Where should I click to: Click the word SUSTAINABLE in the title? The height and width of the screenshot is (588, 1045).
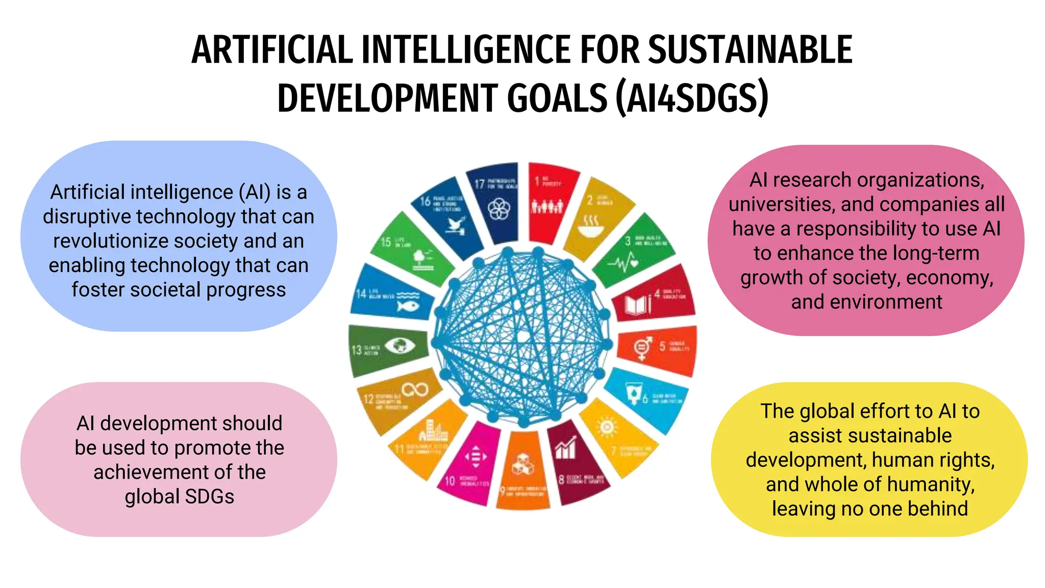pyautogui.click(x=750, y=50)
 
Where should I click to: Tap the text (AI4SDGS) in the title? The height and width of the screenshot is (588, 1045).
pyautogui.click(x=691, y=97)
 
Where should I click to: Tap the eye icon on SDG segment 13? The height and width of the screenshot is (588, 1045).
pyautogui.click(x=400, y=346)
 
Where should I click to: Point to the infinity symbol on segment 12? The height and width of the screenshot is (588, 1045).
pyautogui.click(x=415, y=390)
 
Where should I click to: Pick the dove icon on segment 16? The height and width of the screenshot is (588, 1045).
pyautogui.click(x=456, y=225)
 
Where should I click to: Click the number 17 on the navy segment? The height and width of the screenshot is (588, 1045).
pyautogui.click(x=479, y=184)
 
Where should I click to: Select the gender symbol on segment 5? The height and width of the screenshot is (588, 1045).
pyautogui.click(x=642, y=348)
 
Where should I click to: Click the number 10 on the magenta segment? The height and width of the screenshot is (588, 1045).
pyautogui.click(x=450, y=480)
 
